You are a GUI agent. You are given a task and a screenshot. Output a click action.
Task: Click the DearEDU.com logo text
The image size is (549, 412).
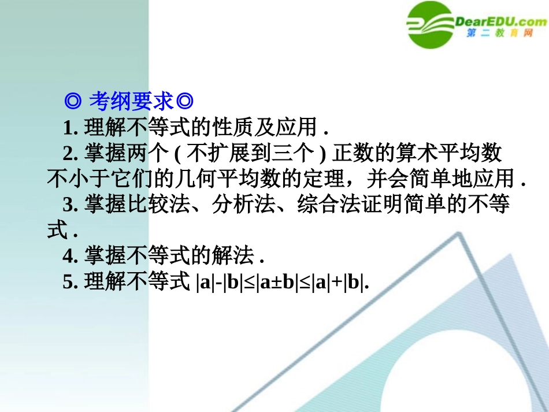pyautogui.click(x=500, y=22)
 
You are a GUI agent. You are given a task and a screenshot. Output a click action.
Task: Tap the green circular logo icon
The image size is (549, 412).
pyautogui.click(x=430, y=24)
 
